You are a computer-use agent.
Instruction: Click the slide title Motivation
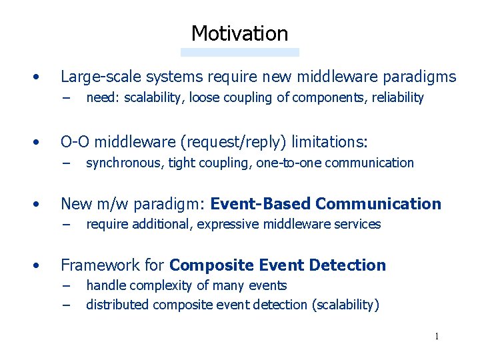239,33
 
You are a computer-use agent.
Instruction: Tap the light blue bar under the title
239,52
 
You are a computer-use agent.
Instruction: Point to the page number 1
437,336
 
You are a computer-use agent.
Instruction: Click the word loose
204,98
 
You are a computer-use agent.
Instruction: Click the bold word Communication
378,203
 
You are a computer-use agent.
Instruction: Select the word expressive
229,224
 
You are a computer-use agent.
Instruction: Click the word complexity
157,286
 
